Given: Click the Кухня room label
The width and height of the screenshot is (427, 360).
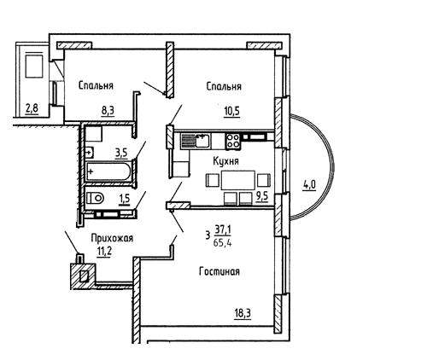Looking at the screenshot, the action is [225, 161].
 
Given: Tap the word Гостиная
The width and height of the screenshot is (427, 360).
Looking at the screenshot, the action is [219, 271].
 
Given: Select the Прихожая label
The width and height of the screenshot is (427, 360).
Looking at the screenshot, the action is [112, 238].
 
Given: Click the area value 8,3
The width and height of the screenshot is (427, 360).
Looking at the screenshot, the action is [108, 110].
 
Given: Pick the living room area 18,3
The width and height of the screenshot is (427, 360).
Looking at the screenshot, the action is [243, 314].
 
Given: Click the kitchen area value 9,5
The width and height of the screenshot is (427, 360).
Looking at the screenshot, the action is [262, 197].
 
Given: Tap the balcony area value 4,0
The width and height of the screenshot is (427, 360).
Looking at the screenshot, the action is [309, 185].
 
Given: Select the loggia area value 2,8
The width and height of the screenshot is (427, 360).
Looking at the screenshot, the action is [32, 109].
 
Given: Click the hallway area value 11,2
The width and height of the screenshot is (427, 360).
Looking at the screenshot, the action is [104, 252].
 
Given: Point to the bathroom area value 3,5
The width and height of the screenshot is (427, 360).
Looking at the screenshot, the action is [121, 154].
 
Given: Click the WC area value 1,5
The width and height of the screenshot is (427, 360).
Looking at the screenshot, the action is [125, 199].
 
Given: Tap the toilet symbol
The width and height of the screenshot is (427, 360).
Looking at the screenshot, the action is [95, 198].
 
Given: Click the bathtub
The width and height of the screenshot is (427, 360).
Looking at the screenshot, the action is [108, 171].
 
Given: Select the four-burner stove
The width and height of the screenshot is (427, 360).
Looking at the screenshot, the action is [232, 141].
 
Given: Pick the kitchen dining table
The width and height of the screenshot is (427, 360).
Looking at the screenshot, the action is [238, 180].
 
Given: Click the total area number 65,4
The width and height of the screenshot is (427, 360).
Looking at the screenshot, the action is [223, 243].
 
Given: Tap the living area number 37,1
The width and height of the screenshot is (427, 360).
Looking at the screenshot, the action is [223, 229].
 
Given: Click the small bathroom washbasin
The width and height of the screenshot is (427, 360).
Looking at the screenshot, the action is [90, 153].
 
